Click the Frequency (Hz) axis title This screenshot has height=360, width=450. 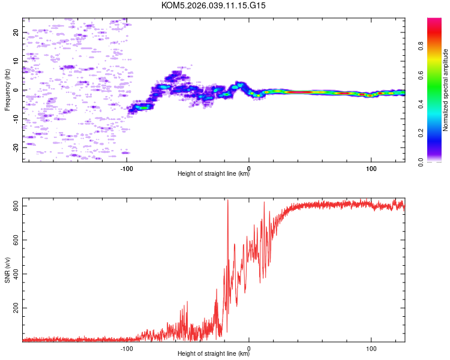(7, 90)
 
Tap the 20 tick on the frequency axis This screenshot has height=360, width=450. (16, 32)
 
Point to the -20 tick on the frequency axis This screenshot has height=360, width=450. (16, 147)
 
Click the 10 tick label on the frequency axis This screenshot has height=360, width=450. (16, 61)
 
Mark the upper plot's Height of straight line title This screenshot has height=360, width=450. (214, 175)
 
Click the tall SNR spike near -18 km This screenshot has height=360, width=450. (227, 202)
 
